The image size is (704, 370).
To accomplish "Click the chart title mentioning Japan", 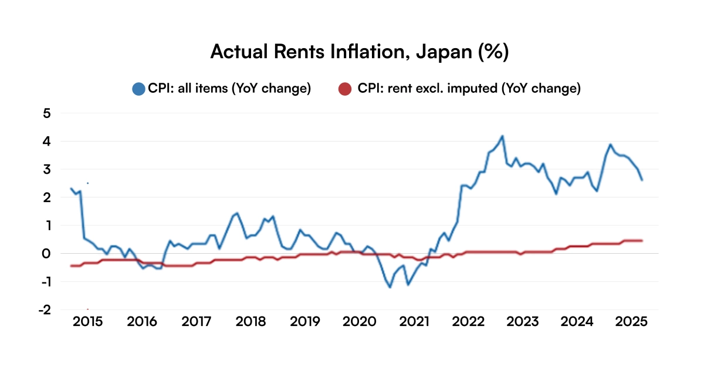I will click(x=358, y=52).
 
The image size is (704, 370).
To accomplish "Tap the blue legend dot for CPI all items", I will click(x=138, y=89).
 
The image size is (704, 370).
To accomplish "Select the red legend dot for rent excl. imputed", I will click(x=346, y=89).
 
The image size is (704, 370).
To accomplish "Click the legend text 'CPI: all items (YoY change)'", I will click(x=229, y=89).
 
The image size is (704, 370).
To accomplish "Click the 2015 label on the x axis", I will click(x=88, y=322).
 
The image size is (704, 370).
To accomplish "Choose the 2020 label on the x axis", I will click(x=359, y=322).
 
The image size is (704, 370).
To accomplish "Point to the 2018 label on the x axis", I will click(x=251, y=322).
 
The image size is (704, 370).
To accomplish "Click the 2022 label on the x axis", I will click(x=468, y=322).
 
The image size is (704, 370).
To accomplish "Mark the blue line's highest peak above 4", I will click(x=502, y=136).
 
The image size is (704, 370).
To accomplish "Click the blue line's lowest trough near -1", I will click(x=390, y=287).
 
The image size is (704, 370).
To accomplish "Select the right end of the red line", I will click(x=642, y=240).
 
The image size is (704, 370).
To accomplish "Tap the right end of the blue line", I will click(x=642, y=180).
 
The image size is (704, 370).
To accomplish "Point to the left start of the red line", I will click(x=71, y=266).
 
